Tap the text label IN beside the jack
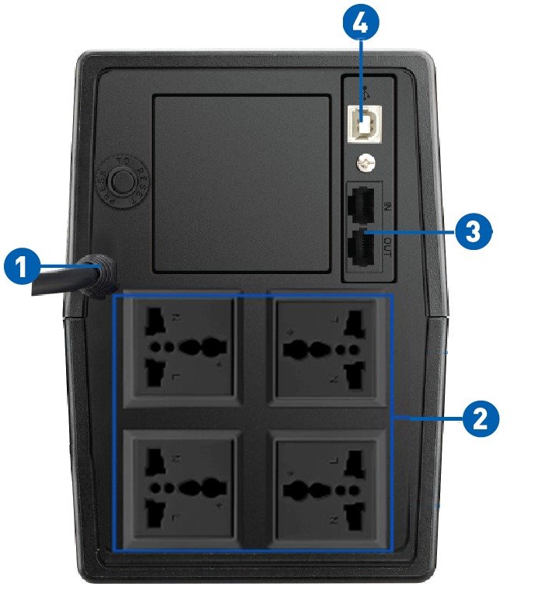(387, 206)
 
